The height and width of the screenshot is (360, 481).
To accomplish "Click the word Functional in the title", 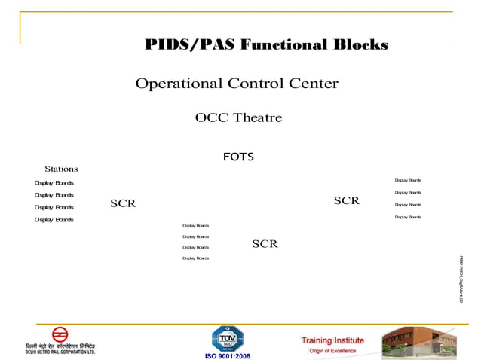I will (284, 45).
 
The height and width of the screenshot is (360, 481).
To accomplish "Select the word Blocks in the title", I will (360, 45).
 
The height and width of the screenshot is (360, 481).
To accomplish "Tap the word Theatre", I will (258, 117).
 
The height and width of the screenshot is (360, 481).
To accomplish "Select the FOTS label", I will (238, 157).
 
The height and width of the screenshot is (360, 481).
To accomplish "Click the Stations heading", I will (61, 169).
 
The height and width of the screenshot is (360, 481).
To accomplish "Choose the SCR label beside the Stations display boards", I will (123, 203).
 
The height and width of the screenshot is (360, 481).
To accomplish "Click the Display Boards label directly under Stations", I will (54, 183).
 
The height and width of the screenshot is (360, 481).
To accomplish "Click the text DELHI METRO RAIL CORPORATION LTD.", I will (60, 351).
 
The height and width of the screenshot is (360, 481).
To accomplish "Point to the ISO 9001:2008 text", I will (228, 356).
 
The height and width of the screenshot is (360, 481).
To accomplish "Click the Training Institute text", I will (332, 340).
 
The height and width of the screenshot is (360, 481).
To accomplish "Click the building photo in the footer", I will (418, 342).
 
